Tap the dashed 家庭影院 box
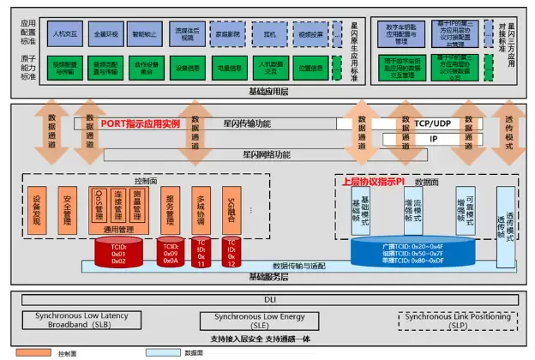[x=227, y=35]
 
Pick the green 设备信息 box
[x=188, y=69]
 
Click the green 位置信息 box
[x=311, y=69]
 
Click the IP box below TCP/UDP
[x=434, y=139]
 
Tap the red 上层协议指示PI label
[x=372, y=182]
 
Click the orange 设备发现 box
[x=37, y=210]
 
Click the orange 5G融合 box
[x=231, y=210]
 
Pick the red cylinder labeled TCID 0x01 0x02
[x=118, y=252]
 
